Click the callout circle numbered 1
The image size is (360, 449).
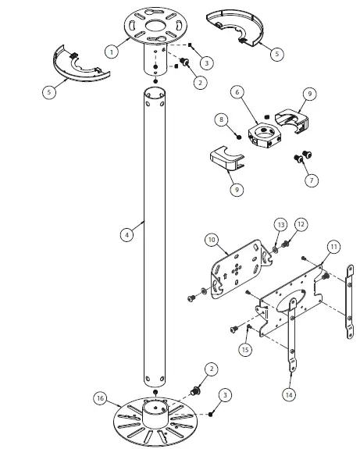coord(113,52)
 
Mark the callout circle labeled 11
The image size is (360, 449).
coord(333,247)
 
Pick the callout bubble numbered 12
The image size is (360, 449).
coord(301,223)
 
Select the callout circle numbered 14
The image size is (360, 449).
coord(289,395)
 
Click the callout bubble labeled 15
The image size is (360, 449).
coord(246,350)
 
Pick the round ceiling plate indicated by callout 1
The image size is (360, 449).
coord(156,23)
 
